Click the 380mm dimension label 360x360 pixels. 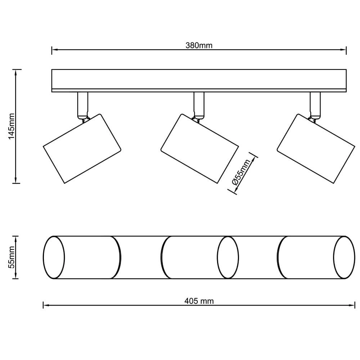pyautogui.click(x=199, y=45)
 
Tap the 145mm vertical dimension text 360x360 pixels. pyautogui.click(x=11, y=126)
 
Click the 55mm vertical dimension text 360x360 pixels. pyautogui.click(x=11, y=257)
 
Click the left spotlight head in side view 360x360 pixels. pyautogui.click(x=82, y=149)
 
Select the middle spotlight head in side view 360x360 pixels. pyautogui.click(x=199, y=149)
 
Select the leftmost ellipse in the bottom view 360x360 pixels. pyautogui.click(x=54, y=257)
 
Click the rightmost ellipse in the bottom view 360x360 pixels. pyautogui.click(x=344, y=257)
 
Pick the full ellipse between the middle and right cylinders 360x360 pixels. pyautogui.click(x=228, y=257)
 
